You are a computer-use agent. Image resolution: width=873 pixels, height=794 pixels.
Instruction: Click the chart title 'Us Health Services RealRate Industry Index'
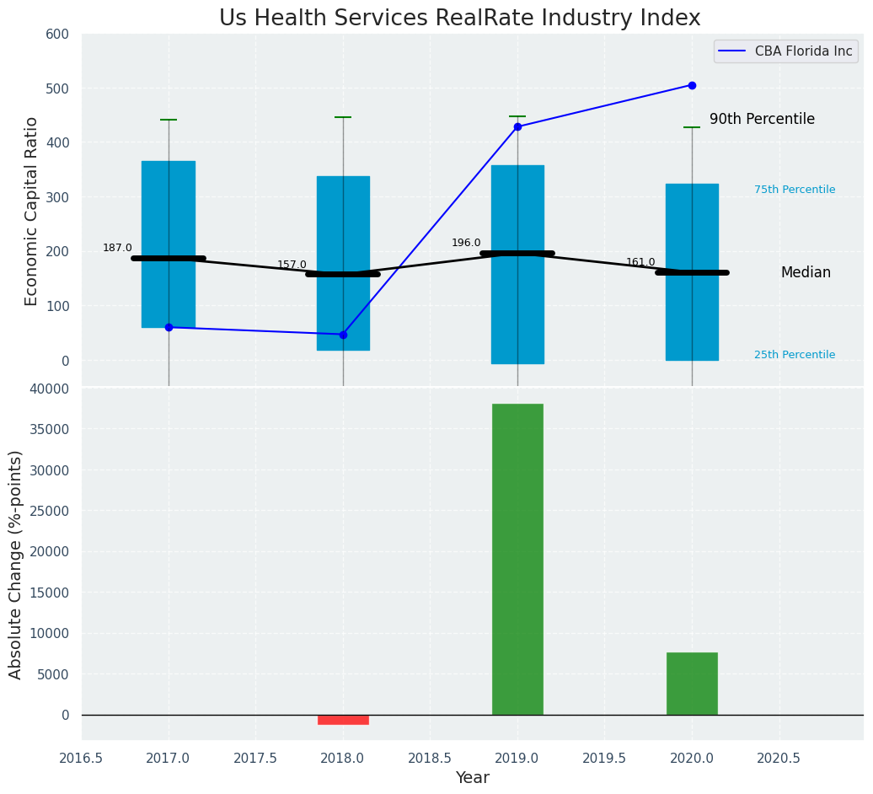459,19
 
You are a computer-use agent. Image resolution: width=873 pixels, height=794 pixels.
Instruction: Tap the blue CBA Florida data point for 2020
692,85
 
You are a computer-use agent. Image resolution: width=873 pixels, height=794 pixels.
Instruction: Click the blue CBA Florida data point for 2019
517,126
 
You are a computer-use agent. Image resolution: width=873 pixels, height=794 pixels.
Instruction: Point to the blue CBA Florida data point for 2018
343,335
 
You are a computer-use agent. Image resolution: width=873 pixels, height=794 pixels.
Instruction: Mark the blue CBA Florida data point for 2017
169,327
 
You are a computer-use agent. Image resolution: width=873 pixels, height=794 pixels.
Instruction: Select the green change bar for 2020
692,684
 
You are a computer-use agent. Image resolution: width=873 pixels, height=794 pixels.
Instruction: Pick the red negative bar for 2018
343,720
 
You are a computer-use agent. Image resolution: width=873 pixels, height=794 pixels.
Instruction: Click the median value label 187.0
117,248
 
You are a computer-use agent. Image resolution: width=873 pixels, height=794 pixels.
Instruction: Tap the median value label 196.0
466,243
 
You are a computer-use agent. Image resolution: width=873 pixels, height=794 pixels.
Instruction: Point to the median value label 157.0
292,265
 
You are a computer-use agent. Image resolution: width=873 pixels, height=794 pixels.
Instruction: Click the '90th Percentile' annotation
762,120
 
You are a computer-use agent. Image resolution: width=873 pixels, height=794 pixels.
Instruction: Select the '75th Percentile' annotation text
795,190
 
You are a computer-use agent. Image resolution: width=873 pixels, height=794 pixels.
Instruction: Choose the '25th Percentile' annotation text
795,355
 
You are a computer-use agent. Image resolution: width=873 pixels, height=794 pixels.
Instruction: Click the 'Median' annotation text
806,272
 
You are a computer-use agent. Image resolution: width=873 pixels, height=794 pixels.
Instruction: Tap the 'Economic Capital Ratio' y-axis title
32,211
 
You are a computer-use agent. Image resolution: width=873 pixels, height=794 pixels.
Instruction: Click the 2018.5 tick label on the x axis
430,758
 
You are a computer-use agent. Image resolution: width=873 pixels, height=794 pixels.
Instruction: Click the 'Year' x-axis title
472,778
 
